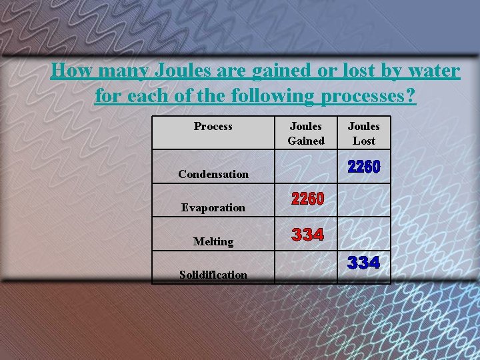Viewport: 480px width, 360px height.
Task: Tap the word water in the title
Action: [x=431, y=70]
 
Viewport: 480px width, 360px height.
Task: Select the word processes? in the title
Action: [x=369, y=96]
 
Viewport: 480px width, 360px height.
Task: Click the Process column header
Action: [x=213, y=126]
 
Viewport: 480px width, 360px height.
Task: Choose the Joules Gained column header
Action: [x=306, y=133]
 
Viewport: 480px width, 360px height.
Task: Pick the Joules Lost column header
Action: [x=364, y=133]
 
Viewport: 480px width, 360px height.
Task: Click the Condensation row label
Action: [x=213, y=174]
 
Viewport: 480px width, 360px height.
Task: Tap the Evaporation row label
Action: [x=213, y=207]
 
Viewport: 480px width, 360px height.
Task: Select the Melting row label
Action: [x=213, y=241]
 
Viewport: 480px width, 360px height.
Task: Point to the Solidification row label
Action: [x=213, y=275]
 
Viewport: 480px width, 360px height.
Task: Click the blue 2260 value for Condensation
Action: [x=364, y=167]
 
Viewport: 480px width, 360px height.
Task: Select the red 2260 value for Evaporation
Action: [x=307, y=199]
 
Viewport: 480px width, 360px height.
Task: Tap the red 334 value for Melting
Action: [x=307, y=235]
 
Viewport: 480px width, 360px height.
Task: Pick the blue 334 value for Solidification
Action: [x=364, y=263]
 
